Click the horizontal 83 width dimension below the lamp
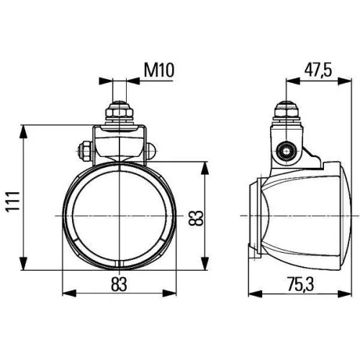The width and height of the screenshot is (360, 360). point(120,284)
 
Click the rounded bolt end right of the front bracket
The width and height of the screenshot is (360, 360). point(153,150)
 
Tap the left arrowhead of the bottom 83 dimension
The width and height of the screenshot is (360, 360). point(67,293)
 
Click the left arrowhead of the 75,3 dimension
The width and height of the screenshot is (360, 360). point(250,293)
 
